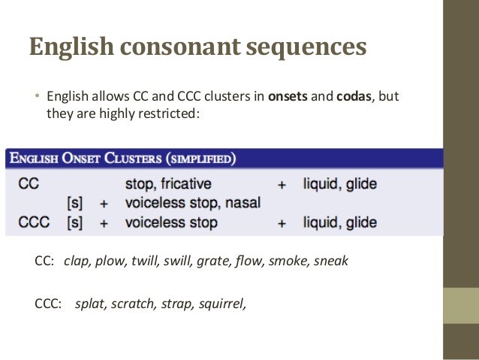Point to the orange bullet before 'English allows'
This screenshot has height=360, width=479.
(35, 97)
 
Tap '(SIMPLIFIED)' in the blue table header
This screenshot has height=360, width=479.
(200, 159)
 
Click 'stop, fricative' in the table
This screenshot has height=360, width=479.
(167, 183)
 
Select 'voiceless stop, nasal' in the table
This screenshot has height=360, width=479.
(192, 202)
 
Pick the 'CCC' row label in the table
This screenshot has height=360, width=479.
(32, 222)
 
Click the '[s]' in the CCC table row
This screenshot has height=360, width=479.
(74, 222)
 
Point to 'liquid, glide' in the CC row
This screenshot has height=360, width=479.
(339, 183)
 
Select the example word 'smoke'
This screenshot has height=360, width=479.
(285, 262)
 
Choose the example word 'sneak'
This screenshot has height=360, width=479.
(331, 262)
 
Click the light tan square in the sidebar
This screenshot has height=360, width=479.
(460, 306)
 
